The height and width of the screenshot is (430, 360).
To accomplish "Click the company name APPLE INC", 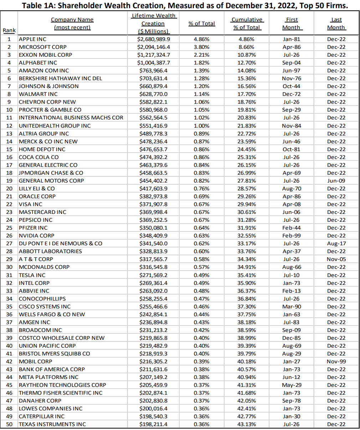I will click(x=32, y=39).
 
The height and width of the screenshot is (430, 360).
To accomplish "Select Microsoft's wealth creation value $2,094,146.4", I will click(x=154, y=47).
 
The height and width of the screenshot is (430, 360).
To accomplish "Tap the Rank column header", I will click(x=9, y=30).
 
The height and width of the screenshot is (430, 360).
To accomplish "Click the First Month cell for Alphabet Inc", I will click(x=291, y=63).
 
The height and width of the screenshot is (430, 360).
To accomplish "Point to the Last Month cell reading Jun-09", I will click(x=336, y=181).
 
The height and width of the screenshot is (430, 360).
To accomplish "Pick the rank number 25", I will click(x=9, y=228).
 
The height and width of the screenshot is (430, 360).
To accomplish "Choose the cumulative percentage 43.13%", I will click(x=247, y=424).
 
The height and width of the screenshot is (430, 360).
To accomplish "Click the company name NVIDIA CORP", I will click(x=36, y=236).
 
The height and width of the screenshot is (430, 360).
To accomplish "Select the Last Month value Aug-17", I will click(x=336, y=244).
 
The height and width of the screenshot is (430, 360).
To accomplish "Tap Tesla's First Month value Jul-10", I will click(x=291, y=275).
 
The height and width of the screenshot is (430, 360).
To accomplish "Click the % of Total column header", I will click(x=202, y=24).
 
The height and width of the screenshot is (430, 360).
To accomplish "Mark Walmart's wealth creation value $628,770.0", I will click(x=154, y=94).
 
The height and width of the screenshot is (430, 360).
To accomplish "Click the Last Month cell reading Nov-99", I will click(x=336, y=362).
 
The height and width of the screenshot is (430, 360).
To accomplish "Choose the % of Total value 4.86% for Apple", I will click(x=202, y=39).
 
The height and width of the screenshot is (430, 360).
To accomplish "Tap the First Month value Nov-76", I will click(x=291, y=78).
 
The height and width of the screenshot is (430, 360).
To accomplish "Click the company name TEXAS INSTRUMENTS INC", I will click(x=52, y=424).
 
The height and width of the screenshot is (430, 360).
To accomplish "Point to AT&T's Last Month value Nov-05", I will click(x=336, y=259).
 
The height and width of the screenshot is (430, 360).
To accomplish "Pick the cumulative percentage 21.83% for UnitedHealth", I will click(x=247, y=126).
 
